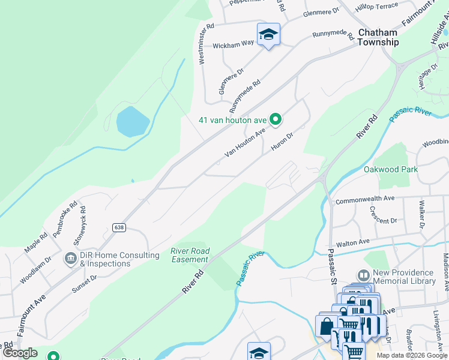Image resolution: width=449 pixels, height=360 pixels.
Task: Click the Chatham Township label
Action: [x=378, y=37]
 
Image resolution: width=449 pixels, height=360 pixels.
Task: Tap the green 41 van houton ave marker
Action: [x=276, y=120]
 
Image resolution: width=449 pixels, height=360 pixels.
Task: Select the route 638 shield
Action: [x=118, y=227]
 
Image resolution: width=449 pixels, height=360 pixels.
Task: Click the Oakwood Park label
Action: [x=391, y=169]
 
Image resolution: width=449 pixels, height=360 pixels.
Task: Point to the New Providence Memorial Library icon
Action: [x=364, y=276]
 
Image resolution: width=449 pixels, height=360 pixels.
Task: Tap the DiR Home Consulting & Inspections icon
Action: [x=70, y=259]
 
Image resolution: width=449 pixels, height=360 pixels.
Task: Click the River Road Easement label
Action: [x=189, y=255]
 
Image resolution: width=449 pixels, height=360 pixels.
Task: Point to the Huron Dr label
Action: [x=282, y=141]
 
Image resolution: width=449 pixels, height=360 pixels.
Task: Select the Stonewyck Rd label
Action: [x=79, y=222]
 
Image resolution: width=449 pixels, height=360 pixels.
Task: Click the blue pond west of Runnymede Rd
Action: [x=133, y=122]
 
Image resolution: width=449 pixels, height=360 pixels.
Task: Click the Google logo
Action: [x=20, y=353]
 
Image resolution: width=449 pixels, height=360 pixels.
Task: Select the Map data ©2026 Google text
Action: [x=411, y=355]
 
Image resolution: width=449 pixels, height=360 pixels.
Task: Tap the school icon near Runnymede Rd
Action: [x=268, y=34]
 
